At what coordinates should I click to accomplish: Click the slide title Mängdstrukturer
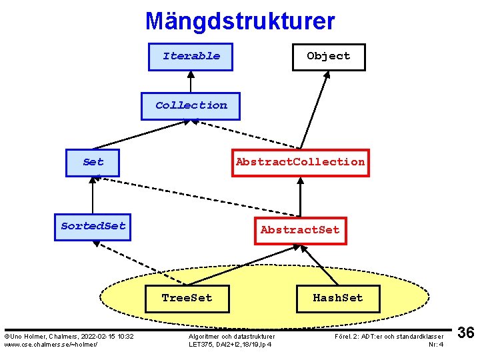coord(240,21)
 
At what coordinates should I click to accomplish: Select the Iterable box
coord(191,56)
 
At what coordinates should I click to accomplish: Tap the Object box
coord(328,56)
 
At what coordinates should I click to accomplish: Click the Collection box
coord(191,105)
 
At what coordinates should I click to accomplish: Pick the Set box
coord(93,162)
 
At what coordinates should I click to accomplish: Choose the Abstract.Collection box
coord(300,162)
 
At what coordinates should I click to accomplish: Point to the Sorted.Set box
coord(93,226)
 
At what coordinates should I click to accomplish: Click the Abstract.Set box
coord(300,230)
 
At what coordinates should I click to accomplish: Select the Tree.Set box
coord(187,298)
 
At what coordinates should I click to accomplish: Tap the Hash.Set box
coord(337,298)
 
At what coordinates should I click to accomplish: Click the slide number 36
coord(466,333)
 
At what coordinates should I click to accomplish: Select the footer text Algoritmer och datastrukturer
coord(231,337)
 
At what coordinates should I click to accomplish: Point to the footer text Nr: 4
coord(436,344)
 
